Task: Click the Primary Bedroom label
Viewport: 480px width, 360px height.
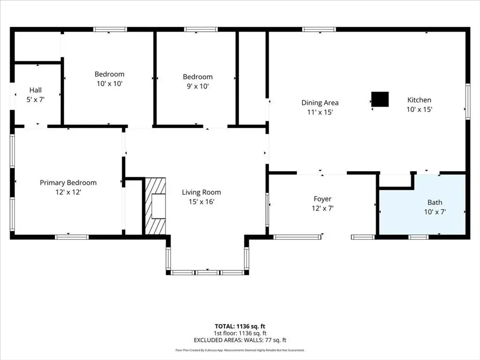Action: coord(68,183)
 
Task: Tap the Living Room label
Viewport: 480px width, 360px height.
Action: coord(202,192)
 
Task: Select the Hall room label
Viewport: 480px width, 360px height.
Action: coord(36,90)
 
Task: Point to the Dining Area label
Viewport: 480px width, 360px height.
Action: coord(320,103)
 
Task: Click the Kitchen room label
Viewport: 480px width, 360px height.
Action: coord(419,100)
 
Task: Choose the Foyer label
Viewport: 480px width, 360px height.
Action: coord(322,199)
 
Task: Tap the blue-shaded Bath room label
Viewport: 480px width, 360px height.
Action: coord(435,202)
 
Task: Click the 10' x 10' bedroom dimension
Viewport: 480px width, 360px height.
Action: coord(110,83)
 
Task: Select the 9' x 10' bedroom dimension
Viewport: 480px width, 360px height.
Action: coord(198,86)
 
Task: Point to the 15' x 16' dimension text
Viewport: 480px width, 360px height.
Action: coord(202,202)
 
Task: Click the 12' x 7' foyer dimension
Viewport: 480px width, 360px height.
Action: coord(322,209)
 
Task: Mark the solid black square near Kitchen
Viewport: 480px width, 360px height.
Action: coord(380,99)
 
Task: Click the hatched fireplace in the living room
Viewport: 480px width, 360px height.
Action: coord(155,206)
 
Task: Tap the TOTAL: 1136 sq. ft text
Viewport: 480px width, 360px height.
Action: coord(240,326)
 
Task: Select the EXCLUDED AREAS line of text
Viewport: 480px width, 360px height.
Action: coord(240,340)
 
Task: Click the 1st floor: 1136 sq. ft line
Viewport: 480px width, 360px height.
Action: coord(240,333)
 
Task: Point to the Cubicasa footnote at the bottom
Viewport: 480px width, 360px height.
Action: coord(240,350)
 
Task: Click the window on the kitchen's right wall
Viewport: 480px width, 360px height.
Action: coord(468,101)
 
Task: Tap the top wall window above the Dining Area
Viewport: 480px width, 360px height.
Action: coord(319,30)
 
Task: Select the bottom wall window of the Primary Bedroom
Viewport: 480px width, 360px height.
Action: coord(72,237)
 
